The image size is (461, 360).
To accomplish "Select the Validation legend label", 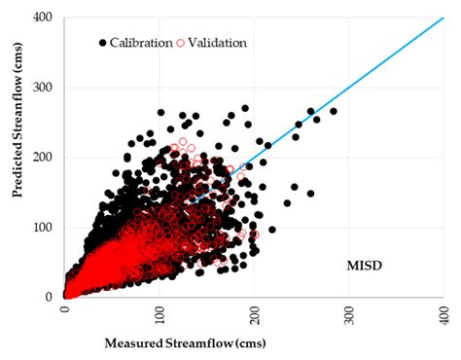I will (216, 43).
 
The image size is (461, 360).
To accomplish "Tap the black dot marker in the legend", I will (102, 43).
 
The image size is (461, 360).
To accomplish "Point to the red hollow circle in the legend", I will (179, 43).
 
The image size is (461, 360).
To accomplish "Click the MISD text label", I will (369, 265).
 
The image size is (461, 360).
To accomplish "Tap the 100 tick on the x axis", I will (160, 310).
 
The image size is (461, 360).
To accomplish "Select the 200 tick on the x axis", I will (254, 310).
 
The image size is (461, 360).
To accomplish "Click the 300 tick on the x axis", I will (348, 310).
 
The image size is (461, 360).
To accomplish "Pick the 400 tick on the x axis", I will (443, 310).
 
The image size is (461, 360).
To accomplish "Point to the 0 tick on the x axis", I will (65, 310).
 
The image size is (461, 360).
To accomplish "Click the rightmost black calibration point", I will (334, 111).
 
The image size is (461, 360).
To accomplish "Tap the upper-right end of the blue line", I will (443, 18).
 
